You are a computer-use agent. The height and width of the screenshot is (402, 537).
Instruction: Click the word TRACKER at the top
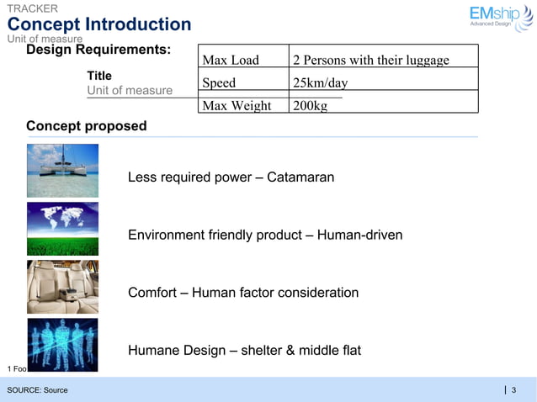coord(33,8)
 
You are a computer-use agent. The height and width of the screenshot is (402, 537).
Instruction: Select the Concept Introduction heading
coord(99,24)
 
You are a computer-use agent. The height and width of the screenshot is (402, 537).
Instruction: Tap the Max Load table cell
coord(231,60)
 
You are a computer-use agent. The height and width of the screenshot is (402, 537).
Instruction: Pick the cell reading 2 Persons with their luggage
coord(371,60)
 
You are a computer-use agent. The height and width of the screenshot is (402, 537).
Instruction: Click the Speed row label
coord(219,83)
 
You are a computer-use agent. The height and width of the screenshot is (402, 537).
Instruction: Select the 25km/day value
coord(320,83)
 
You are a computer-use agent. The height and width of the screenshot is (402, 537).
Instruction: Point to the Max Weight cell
coord(237,106)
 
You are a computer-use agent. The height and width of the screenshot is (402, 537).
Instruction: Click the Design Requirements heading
coord(98,50)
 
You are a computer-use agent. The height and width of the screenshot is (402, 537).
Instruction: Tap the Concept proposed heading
coord(87,126)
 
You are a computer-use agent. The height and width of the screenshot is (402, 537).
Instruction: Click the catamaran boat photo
coord(62,170)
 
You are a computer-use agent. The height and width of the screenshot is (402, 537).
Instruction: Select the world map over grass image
coord(62,228)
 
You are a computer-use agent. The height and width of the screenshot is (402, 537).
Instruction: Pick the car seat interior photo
coord(62,286)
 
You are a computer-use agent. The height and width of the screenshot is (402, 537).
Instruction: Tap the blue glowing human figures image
coord(62,344)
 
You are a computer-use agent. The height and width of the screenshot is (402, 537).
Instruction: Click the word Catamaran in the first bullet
coord(300,177)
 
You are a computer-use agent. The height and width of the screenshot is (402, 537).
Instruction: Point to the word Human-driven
coord(362,235)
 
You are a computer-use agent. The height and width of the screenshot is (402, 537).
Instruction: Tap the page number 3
coord(513,389)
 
